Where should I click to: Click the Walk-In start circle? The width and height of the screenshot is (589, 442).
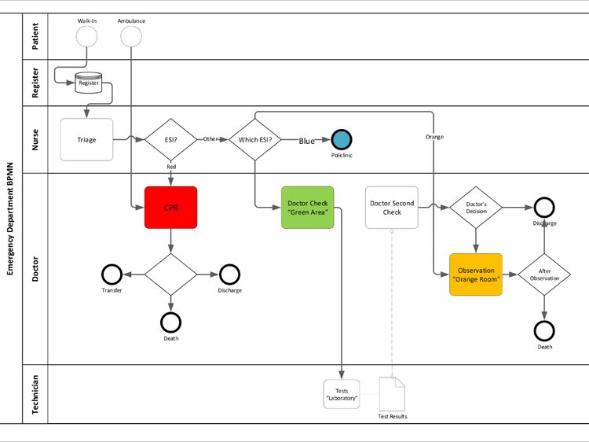86,36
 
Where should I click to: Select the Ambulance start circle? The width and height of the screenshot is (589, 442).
131,36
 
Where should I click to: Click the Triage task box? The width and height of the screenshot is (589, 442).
86,140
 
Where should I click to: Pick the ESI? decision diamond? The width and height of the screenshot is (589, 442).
170,140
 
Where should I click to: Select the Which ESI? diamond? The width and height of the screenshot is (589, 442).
255,140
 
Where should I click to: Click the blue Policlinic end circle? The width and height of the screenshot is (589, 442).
341,140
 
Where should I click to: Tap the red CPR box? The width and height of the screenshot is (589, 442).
170,208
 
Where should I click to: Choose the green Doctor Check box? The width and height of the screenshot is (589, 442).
307,208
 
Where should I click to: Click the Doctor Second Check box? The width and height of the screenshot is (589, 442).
391,208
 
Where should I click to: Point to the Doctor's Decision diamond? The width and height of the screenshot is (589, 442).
475,208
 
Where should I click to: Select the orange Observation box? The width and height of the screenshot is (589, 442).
475,274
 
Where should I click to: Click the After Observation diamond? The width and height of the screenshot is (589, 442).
544,274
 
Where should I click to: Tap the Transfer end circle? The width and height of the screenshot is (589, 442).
112,274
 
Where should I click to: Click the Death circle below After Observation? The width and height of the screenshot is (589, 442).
544,330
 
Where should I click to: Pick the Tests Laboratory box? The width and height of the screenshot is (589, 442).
342,394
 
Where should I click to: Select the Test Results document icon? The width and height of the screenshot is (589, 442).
392,393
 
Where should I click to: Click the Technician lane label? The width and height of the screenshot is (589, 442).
35,394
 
